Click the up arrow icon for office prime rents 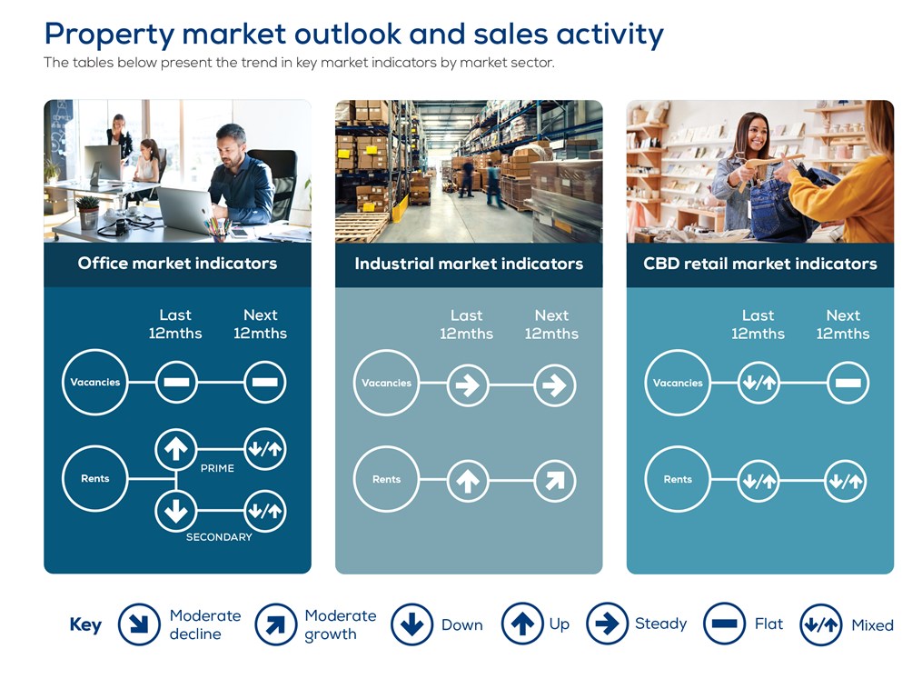176,449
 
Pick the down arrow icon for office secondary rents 176,511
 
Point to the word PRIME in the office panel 217,468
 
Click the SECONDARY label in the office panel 219,537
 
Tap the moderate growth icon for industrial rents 554,481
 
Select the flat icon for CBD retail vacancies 848,383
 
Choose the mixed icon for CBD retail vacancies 758,383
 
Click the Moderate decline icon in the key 139,624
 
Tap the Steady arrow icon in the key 607,624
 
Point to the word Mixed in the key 872,624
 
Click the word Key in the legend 85,624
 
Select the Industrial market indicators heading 469,264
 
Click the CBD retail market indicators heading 759,264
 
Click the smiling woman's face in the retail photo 755,136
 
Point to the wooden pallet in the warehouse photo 361,227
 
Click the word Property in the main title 109,35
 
